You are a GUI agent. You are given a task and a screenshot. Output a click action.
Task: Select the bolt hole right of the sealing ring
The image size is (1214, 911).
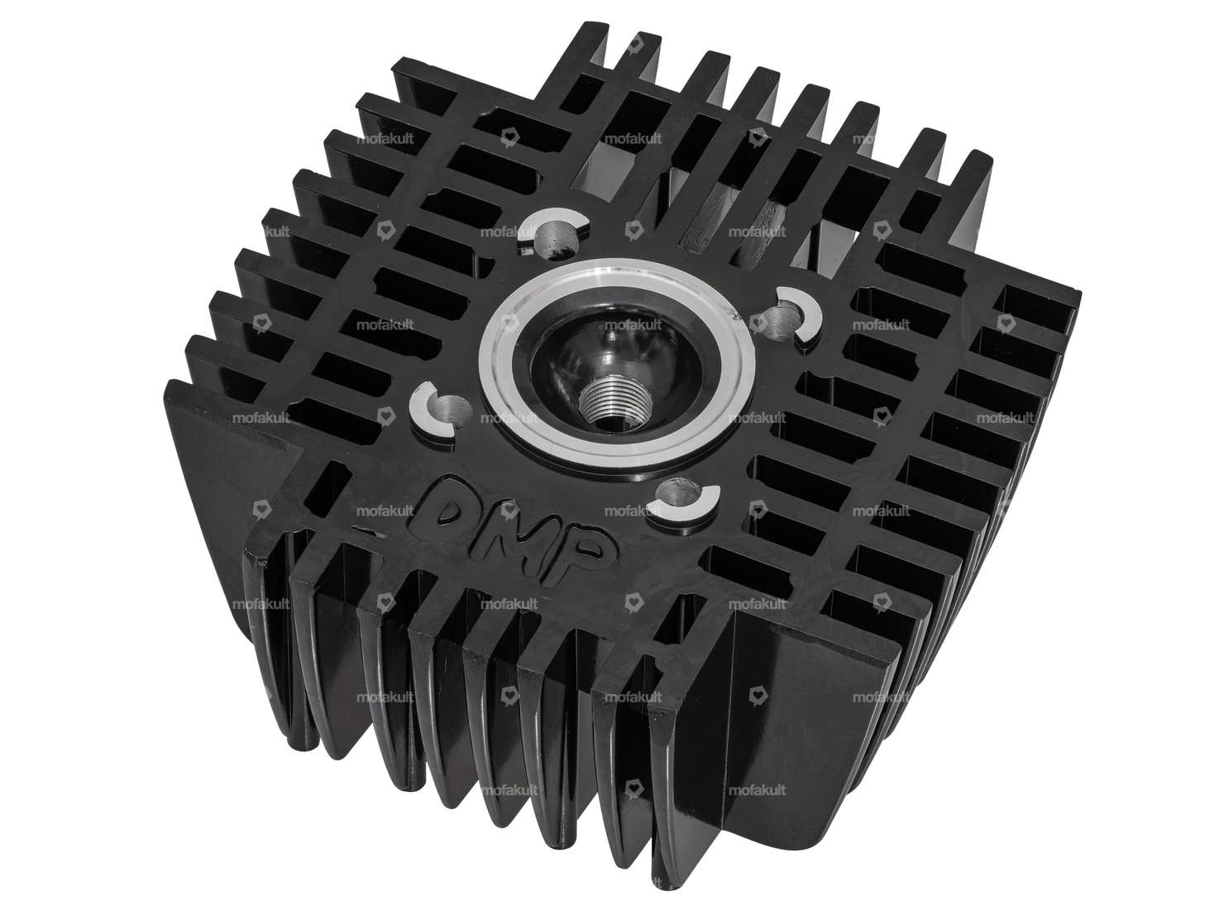pos(789,309)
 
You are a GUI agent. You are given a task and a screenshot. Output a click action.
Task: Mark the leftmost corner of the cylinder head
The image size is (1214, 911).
pos(169,382)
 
